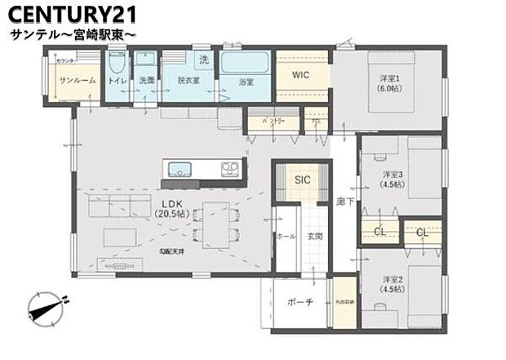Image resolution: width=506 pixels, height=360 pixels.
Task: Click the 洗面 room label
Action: (146, 81)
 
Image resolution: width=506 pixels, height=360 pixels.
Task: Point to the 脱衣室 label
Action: (189, 81)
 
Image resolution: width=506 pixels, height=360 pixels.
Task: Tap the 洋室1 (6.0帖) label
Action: (388, 84)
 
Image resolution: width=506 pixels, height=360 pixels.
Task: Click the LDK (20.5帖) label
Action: (172, 207)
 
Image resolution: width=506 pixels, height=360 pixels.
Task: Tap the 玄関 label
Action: (315, 236)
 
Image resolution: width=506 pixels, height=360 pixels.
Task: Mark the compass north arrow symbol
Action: (46, 309)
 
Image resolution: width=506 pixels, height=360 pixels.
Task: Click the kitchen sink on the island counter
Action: (180, 170)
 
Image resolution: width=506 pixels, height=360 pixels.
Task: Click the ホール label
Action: (286, 236)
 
